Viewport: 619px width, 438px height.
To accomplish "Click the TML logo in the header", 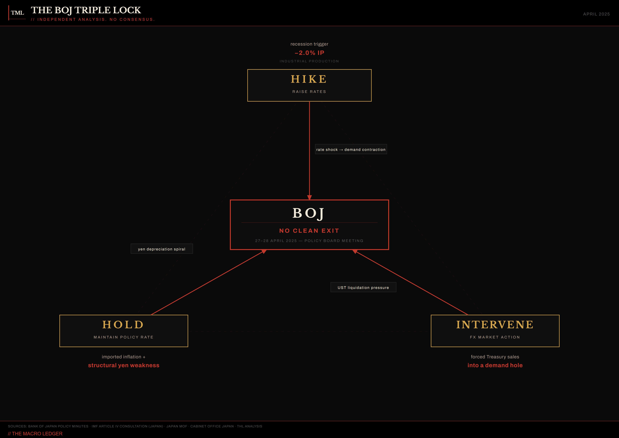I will [17, 13].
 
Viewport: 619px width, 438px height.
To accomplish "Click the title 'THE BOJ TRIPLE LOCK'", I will [86, 10].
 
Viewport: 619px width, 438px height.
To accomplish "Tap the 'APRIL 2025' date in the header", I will [596, 14].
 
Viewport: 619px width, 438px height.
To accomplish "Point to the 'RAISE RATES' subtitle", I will [309, 92].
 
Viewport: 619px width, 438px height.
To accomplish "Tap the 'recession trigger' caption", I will [309, 44].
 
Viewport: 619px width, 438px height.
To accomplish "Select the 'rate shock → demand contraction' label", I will [351, 149].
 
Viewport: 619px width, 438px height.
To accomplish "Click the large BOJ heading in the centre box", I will [309, 213].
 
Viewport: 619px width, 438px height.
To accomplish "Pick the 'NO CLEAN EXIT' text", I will [309, 231].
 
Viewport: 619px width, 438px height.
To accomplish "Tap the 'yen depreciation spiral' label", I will [162, 249].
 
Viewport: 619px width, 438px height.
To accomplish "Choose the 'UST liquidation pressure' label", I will [363, 288].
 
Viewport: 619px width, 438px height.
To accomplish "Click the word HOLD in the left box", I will [124, 325].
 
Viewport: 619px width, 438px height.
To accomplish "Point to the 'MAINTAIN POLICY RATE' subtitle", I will [124, 337].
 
